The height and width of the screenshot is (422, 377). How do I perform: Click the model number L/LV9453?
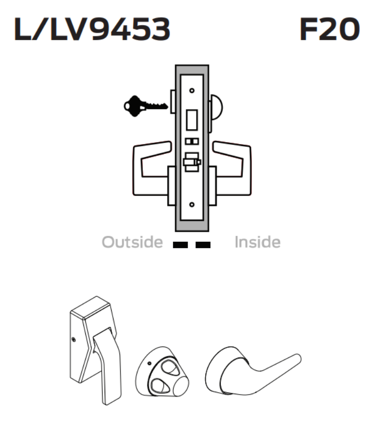92,31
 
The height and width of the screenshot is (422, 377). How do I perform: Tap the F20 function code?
329,31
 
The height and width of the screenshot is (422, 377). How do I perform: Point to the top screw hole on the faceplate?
192,90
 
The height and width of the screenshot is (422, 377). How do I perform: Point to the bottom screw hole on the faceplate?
192,204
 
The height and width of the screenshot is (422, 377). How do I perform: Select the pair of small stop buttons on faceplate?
192,141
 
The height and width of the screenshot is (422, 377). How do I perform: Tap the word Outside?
132,242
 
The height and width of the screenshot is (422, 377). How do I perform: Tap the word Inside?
257,242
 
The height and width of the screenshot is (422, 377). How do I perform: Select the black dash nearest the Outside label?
182,244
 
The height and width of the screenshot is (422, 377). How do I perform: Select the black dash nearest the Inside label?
203,244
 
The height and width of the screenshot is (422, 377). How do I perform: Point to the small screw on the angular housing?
74,340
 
